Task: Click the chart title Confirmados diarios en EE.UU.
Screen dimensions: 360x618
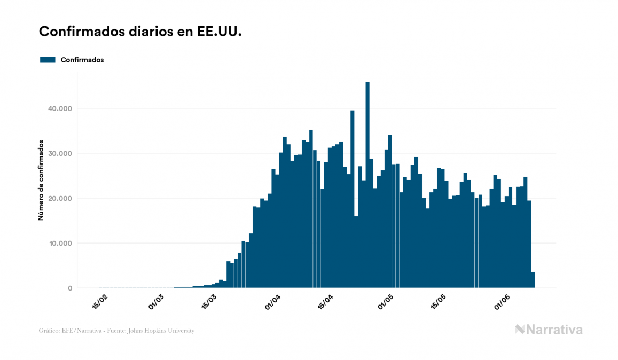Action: click(x=140, y=32)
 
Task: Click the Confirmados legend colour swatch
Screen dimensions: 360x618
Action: click(x=48, y=60)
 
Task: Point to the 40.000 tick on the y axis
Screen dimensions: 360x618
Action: click(x=59, y=108)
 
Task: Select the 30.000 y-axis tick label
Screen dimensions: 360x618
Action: click(x=59, y=153)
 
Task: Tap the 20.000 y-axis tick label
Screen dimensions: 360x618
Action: click(x=59, y=198)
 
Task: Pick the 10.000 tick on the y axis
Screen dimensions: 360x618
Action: click(x=59, y=243)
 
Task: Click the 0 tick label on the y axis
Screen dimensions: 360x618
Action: click(x=69, y=288)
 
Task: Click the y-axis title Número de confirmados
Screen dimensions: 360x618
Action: click(x=41, y=180)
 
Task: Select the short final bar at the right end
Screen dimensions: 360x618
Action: click(x=533, y=280)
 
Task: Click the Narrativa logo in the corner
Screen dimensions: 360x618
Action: click(x=549, y=330)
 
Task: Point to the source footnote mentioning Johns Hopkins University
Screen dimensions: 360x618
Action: click(x=116, y=331)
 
